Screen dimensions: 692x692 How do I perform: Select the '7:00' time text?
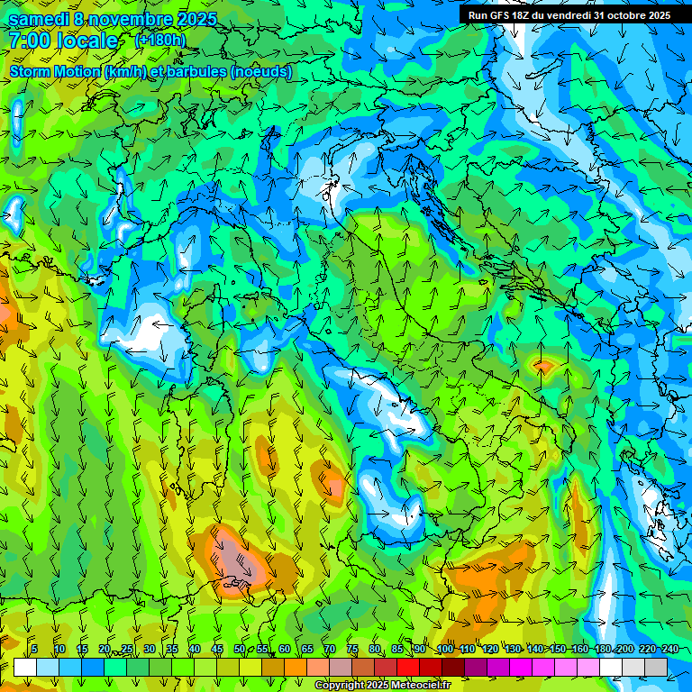(31, 41)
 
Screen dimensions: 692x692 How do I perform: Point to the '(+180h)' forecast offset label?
(160, 40)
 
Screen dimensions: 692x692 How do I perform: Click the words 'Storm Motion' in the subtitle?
(55, 72)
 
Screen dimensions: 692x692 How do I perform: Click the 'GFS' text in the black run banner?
(504, 15)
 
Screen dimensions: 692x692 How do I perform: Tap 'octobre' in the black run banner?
(624, 15)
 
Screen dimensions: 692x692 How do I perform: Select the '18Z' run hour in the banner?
(528, 15)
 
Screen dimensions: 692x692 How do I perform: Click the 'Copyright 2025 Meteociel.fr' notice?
(382, 686)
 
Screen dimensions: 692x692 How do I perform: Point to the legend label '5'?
(34, 649)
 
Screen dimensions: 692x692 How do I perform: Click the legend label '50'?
(240, 649)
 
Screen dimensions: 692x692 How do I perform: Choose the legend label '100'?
(445, 649)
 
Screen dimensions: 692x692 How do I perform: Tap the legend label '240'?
(670, 649)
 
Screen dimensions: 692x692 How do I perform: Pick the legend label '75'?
(352, 649)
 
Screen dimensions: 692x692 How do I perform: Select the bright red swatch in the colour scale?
(408, 667)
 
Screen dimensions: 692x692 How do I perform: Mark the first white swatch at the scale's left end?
(25, 667)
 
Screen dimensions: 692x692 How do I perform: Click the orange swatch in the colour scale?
(273, 667)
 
